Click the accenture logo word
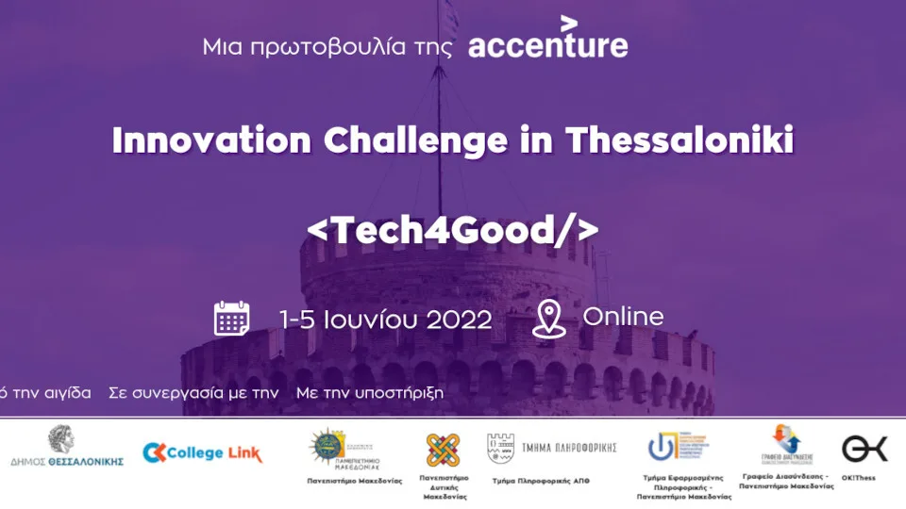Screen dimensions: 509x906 (x=548, y=45)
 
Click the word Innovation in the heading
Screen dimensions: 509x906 (x=210, y=140)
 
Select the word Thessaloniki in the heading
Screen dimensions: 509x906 (x=679, y=140)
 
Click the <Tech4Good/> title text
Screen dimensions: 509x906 (x=453, y=229)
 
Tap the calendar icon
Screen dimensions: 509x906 (x=231, y=319)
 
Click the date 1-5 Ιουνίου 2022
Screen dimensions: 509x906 (x=385, y=320)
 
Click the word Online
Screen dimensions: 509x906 (x=623, y=317)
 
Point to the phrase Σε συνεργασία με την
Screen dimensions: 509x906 (x=193, y=392)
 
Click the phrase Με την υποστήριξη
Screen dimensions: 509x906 (x=369, y=392)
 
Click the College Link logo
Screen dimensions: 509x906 (x=202, y=453)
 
